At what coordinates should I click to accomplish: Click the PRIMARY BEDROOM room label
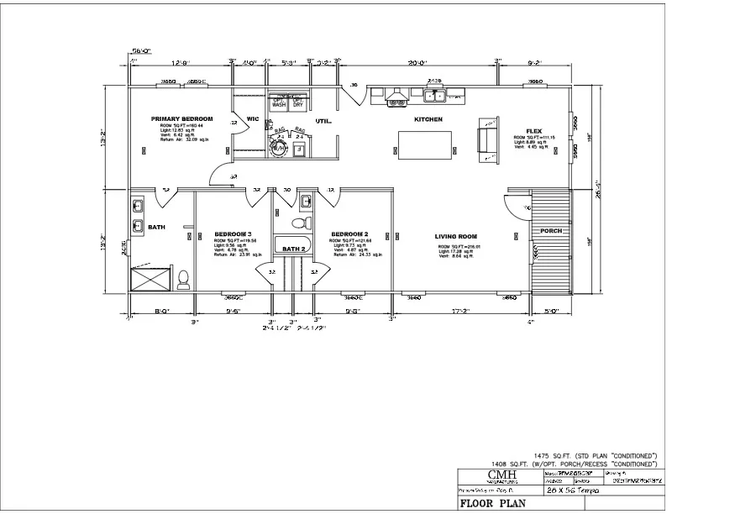(181, 119)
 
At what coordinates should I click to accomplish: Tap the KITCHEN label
(428, 120)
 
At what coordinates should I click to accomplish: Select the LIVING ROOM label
(456, 236)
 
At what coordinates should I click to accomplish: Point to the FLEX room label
(533, 131)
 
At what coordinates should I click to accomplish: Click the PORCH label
(551, 230)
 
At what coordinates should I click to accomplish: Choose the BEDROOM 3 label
(233, 233)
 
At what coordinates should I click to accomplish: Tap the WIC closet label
(252, 118)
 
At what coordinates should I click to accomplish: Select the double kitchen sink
(435, 96)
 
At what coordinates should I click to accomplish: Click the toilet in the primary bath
(184, 277)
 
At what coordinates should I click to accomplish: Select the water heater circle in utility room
(277, 149)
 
